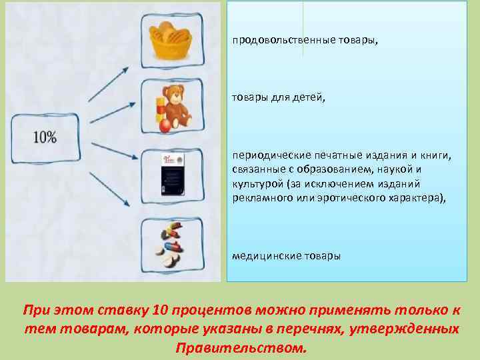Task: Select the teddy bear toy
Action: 175,105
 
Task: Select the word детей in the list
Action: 306,98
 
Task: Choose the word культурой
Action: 257,185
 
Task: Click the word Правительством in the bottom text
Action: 241,348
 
